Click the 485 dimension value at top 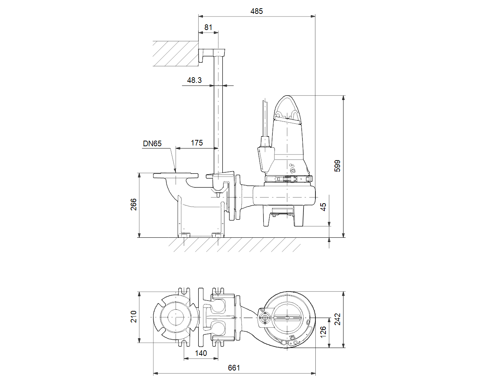256,11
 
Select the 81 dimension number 208,27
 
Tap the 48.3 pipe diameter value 194,80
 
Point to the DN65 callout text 152,144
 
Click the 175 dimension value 197,143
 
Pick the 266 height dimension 133,204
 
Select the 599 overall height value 337,166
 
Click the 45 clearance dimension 323,207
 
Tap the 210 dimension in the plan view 133,316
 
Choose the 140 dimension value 201,353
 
